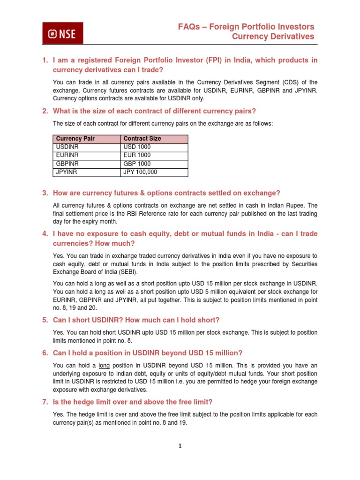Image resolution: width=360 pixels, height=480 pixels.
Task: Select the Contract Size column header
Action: point(142,139)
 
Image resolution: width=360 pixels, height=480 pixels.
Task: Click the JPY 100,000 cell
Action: point(140,172)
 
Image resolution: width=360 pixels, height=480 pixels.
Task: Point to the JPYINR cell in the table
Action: point(67,172)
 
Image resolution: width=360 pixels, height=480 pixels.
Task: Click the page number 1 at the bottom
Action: point(180,446)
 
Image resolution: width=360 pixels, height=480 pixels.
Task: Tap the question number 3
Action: point(45,193)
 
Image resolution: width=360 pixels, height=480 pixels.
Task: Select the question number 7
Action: point(45,402)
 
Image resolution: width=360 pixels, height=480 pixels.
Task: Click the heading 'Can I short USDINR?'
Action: point(96,320)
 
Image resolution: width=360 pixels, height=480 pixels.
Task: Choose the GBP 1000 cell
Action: point(137,164)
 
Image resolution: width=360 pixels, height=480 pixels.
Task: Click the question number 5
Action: point(45,320)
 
